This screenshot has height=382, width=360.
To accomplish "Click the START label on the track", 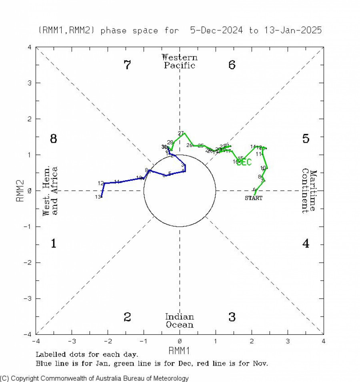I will (x=254, y=198).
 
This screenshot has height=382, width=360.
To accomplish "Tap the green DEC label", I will (x=244, y=162).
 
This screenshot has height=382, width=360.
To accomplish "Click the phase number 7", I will (x=127, y=65).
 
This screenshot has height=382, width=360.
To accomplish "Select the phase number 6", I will (x=232, y=65).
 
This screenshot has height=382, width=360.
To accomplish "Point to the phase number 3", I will (x=232, y=317).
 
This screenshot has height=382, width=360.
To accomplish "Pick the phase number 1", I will (x=53, y=243).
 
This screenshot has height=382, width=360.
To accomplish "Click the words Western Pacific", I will (x=180, y=62).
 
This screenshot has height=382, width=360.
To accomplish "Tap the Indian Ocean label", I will (x=180, y=321).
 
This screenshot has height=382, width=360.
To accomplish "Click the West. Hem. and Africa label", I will (x=50, y=191).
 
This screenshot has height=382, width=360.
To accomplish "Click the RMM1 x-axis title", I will (x=179, y=350).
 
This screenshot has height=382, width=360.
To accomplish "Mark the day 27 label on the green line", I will (x=181, y=133).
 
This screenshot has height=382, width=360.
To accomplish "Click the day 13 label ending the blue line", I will (x=97, y=197).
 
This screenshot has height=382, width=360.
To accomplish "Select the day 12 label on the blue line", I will (x=101, y=183).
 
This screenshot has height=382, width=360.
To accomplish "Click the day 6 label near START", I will (x=254, y=189).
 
